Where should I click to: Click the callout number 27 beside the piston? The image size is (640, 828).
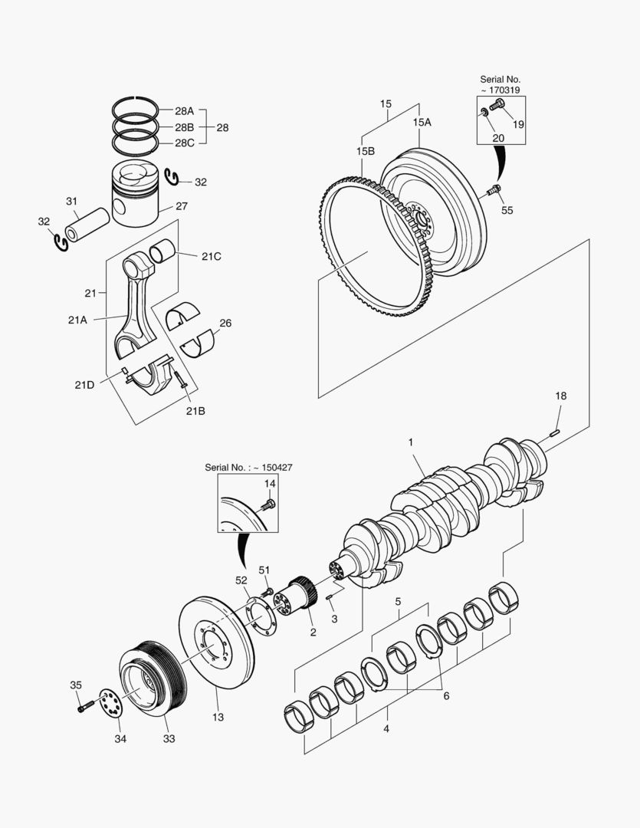coord(181,206)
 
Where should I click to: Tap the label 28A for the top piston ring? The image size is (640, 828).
coord(184,111)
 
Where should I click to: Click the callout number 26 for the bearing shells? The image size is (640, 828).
coord(225,323)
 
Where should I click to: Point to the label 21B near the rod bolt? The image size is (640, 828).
coord(195,410)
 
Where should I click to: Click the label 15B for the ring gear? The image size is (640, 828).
coord(365,152)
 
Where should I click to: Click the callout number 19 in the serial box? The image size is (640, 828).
coord(519,124)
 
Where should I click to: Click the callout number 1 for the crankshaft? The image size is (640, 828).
coord(411,442)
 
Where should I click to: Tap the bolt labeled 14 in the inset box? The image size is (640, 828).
coord(268,504)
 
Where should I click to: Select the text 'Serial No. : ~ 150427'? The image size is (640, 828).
coord(249,467)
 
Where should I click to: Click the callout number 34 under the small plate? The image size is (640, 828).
coord(121,739)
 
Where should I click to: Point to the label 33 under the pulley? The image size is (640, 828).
coord(169,739)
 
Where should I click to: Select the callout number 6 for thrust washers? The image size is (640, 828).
coord(445,696)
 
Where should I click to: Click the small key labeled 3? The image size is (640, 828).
coord(329,597)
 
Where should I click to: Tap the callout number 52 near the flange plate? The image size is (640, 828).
coord(241,580)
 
